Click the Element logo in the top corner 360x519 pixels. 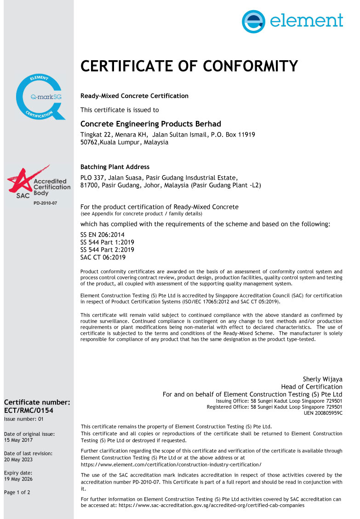[x=292, y=21]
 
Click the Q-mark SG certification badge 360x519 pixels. [x=39, y=97]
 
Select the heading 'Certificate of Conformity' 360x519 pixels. [x=189, y=66]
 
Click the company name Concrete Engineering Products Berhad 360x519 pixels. [x=150, y=124]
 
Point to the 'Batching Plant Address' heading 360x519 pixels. [x=114, y=167]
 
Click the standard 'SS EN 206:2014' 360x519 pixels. [x=102, y=234]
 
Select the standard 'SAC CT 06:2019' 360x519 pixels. [x=103, y=257]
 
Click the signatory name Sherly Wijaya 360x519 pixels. [x=322, y=379]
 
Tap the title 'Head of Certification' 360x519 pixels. [x=311, y=387]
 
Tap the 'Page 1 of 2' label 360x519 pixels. [x=17, y=492]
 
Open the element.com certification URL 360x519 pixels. [x=171, y=465]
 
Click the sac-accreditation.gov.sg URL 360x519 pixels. [x=211, y=505]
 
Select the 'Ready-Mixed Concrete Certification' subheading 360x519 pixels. [x=134, y=96]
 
